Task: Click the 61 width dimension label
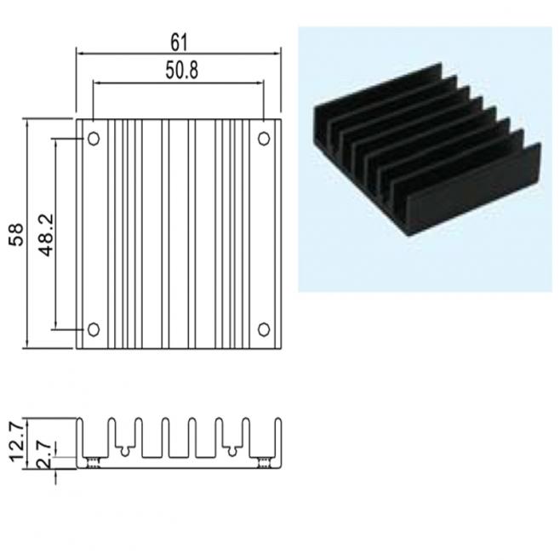coord(179,43)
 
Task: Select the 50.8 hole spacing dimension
coord(181,70)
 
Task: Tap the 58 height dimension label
coord(16,234)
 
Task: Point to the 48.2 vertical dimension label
coord(47,235)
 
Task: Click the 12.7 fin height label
coord(17,442)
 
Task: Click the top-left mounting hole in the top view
coord(94,139)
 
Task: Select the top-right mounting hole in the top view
coord(264,139)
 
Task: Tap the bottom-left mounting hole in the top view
coord(94,329)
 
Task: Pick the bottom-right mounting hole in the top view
coord(264,329)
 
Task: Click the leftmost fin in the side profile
coord(80,439)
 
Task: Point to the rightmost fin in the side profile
coord(277,439)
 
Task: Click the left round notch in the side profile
coord(124,451)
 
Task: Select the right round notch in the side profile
coord(232,451)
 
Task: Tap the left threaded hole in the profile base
coord(94,462)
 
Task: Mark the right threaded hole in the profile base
coord(264,462)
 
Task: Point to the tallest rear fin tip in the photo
coord(440,65)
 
